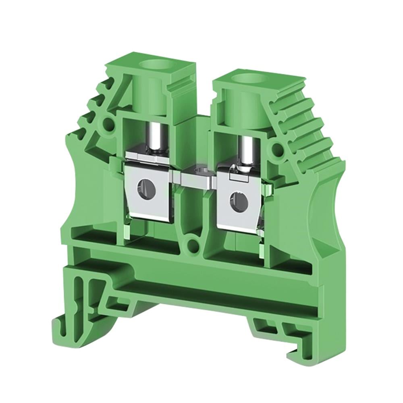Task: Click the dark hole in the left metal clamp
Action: pyautogui.click(x=143, y=187)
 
